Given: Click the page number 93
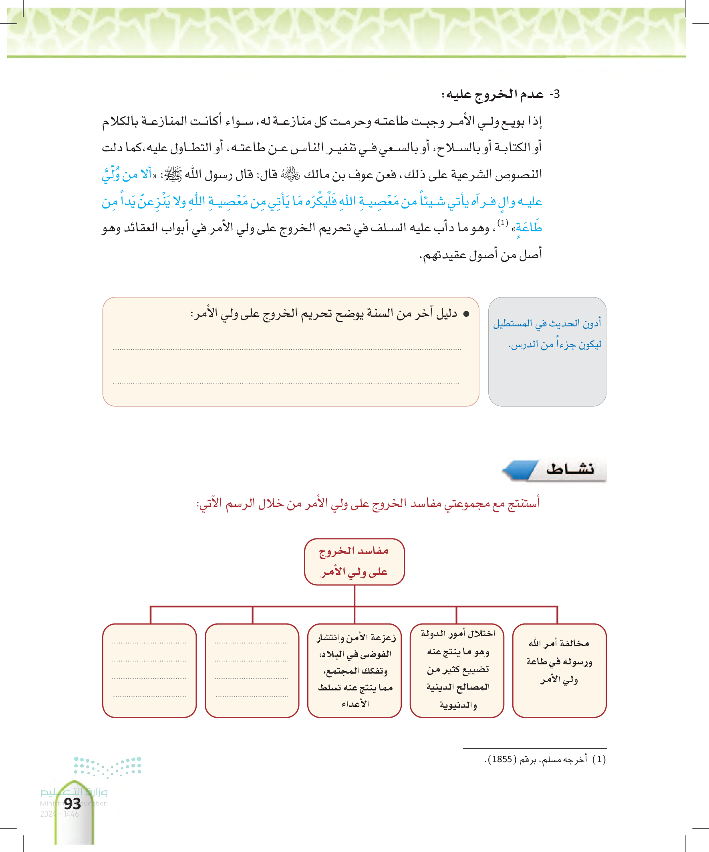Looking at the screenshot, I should point(72,803).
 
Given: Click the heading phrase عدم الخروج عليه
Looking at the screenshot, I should point(492,94).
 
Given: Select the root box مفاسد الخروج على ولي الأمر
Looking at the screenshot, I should point(354,561).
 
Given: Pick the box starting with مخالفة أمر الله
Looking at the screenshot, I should point(559,670).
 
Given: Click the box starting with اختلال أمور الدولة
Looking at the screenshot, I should point(457,670).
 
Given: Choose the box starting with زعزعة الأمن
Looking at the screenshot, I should point(354,670).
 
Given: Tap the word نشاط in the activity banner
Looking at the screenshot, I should point(570,470).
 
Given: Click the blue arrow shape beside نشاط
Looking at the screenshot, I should point(519,470).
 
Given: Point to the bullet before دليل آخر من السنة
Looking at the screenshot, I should point(466,314).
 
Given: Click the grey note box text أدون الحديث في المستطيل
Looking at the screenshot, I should point(547,323).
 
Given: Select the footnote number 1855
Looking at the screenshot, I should point(501,759).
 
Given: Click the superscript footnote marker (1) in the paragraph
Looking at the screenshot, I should point(503,223).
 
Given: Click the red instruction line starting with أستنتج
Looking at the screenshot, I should point(368,504).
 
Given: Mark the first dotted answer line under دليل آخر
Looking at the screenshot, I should point(287,349).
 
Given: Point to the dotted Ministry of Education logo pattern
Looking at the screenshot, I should point(107,766).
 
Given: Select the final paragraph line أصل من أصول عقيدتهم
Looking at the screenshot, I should point(481,255).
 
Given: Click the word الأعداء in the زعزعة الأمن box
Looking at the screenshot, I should point(355,704).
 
